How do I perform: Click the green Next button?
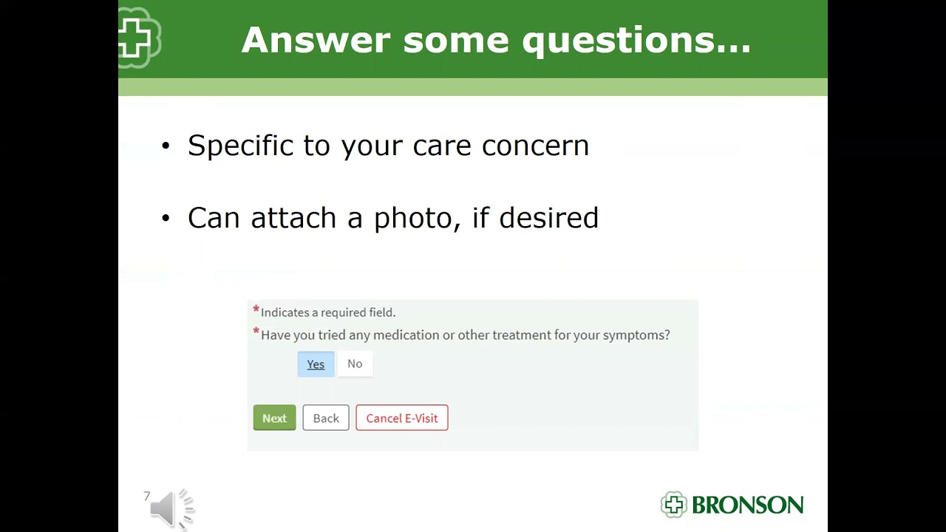(x=274, y=418)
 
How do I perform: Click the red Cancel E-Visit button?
(x=401, y=418)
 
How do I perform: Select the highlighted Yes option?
(x=316, y=364)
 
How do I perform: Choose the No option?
(x=355, y=364)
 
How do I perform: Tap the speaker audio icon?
(x=171, y=508)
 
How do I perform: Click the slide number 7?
(x=147, y=497)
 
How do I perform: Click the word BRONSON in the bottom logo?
(x=747, y=505)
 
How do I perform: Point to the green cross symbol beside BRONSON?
(x=673, y=505)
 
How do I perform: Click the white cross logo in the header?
(x=137, y=38)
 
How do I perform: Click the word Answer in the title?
(x=316, y=40)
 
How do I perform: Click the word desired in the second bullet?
(x=548, y=218)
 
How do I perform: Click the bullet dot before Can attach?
(x=166, y=219)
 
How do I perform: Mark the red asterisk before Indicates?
(x=256, y=310)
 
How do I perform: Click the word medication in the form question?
(x=406, y=335)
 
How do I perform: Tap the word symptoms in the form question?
(x=634, y=335)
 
